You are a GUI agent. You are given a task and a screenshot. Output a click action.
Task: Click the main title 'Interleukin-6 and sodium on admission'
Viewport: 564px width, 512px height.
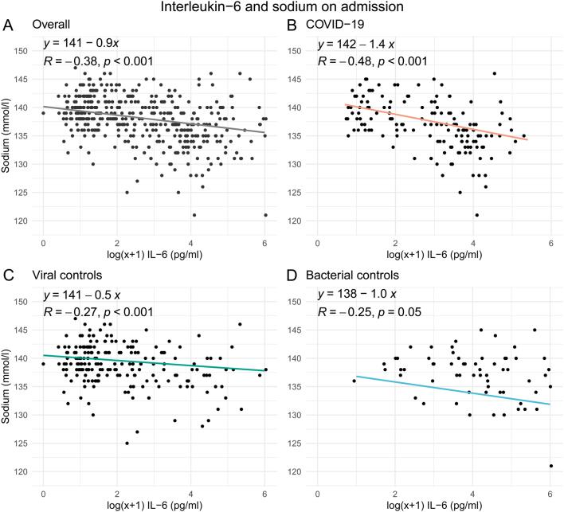pyautogui.click(x=281, y=9)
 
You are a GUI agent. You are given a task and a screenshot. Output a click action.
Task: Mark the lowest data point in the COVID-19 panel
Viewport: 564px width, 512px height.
pyautogui.click(x=476, y=214)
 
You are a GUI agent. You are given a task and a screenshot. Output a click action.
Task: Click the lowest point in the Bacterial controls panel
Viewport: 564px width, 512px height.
pyautogui.click(x=550, y=466)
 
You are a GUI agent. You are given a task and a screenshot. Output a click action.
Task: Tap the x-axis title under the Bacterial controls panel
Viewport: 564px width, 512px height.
pyautogui.click(x=434, y=504)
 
